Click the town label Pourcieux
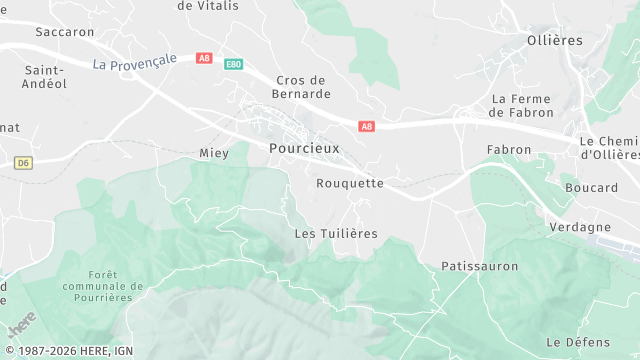304,147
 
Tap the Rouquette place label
350,183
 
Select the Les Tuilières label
336,233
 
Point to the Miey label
214,153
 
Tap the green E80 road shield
233,64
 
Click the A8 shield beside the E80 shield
205,58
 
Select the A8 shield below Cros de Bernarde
367,126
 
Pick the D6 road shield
24,162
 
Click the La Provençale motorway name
134,61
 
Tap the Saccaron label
64,32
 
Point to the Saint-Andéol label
45,77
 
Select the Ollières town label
554,40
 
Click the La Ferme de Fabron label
522,105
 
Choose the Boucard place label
591,188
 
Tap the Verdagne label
579,227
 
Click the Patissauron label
479,266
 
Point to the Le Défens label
579,342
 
